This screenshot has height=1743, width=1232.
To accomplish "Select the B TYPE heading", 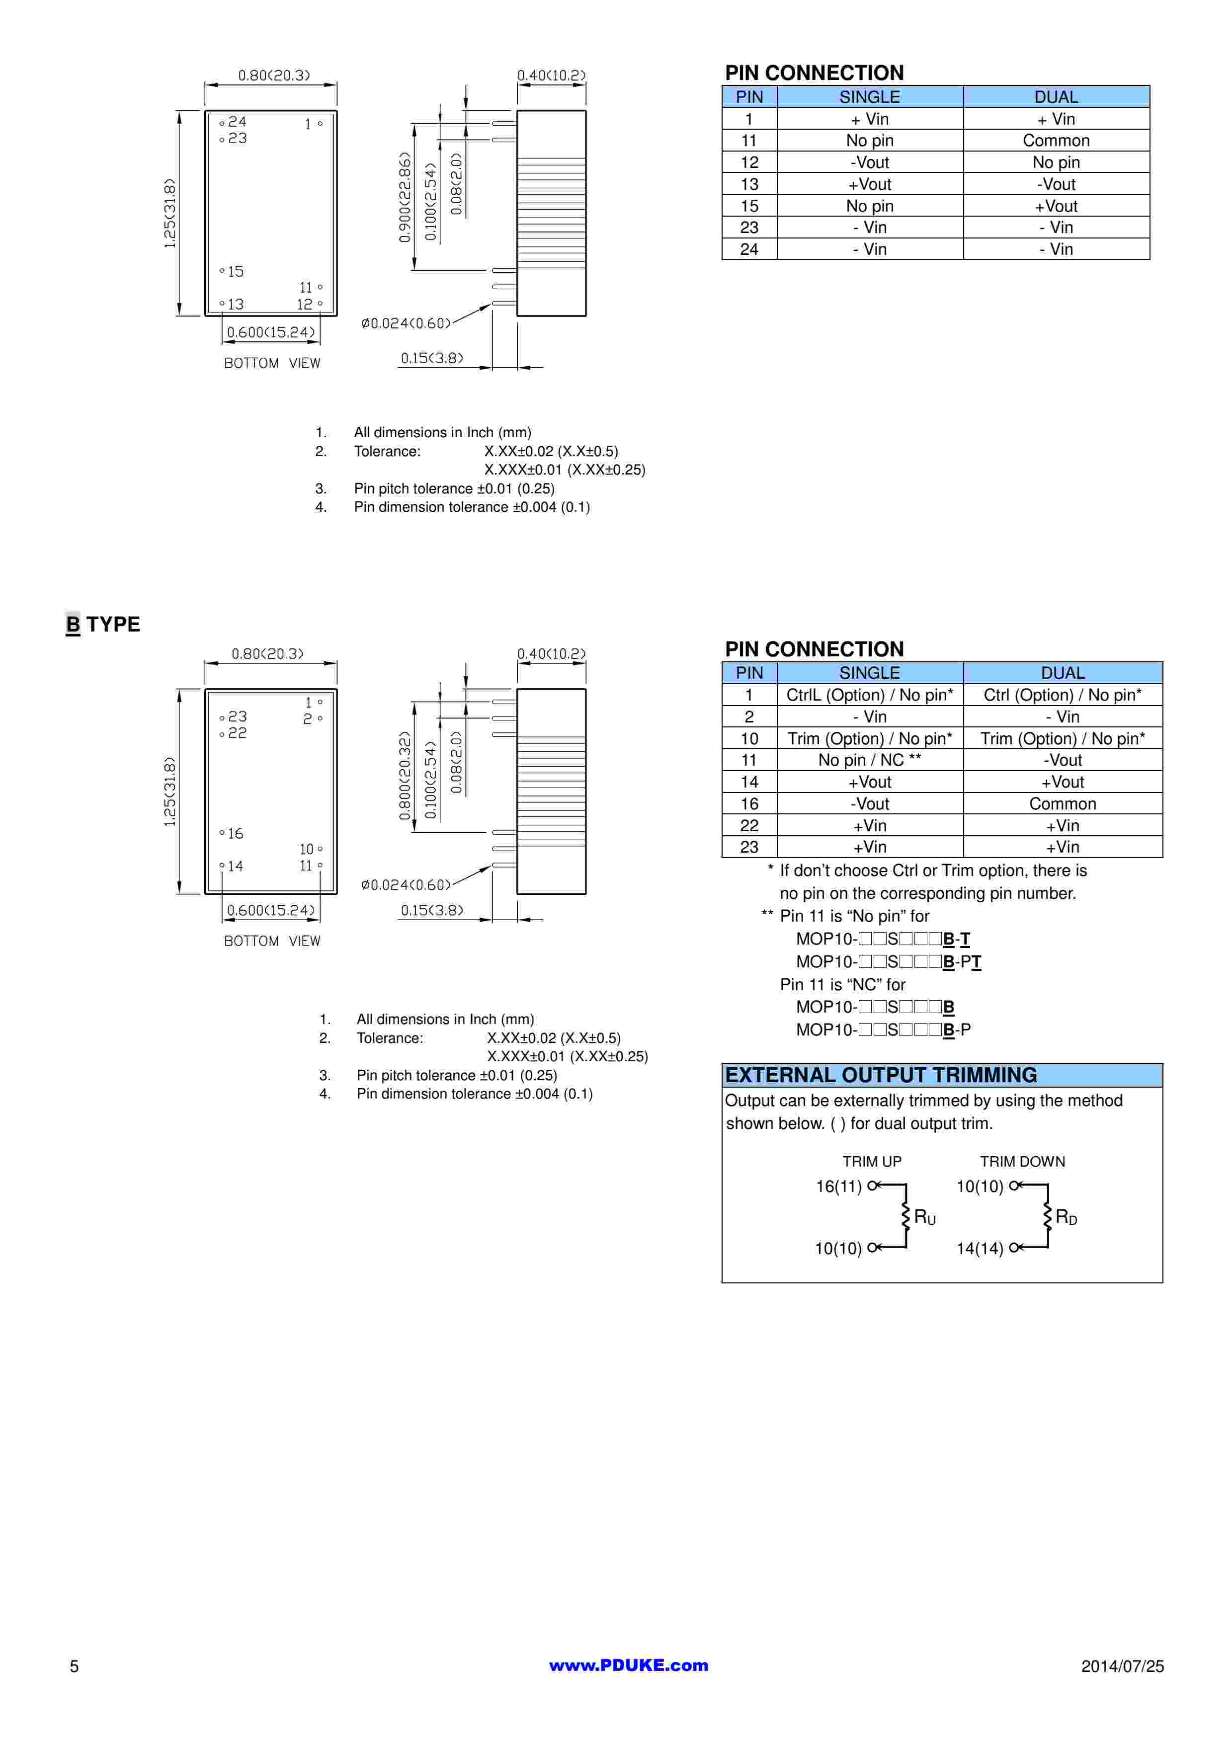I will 103,624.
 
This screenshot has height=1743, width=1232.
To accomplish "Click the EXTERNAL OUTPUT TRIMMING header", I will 881,1075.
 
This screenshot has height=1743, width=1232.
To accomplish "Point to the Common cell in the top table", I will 1056,141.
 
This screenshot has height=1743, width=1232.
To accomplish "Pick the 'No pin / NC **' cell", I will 870,760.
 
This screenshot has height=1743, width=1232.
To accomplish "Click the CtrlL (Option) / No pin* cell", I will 870,695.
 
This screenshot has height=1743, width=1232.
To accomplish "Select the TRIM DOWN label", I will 1022,1162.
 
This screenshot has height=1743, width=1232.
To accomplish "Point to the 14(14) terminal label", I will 979,1248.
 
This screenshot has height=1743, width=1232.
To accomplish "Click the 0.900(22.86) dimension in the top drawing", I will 406,197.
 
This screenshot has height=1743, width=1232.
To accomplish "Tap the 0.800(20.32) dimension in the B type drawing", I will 406,776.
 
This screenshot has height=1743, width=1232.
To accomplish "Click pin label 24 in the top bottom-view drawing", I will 238,121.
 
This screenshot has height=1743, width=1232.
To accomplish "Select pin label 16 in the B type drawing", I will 235,834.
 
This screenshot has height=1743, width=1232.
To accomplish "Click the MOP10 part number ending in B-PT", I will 888,962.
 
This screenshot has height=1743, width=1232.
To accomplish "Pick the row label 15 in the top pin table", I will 749,206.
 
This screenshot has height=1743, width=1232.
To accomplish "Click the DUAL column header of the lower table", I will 1063,673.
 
